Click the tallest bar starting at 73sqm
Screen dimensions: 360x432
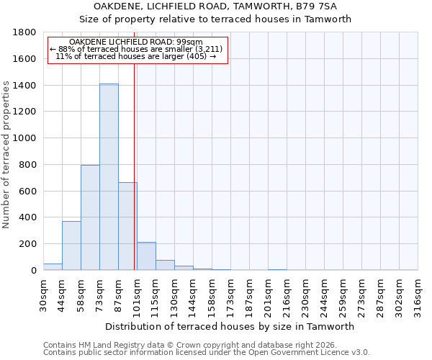tap(109, 177)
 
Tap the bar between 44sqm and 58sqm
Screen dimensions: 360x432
tap(71, 246)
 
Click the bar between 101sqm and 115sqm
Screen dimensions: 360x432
tap(146, 256)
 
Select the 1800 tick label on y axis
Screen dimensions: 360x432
tap(26, 33)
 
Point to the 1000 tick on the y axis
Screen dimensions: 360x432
tap(26, 138)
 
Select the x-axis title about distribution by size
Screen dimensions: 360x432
tap(230, 326)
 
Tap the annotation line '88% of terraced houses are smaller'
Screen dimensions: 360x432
tap(137, 49)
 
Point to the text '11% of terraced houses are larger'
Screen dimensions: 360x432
tap(135, 56)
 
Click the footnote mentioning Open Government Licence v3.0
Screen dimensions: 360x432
tap(207, 353)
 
